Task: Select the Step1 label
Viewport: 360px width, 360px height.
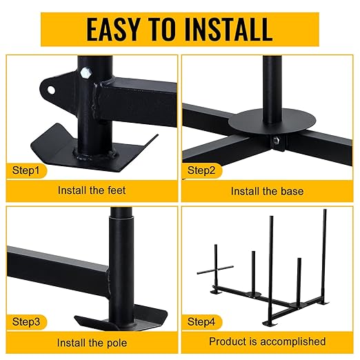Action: coord(26,170)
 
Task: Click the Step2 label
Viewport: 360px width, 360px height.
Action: coord(201,170)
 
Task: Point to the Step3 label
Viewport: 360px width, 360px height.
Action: coord(26,321)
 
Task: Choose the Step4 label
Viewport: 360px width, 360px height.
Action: coord(201,321)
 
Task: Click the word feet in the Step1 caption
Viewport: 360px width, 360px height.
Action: coord(117,190)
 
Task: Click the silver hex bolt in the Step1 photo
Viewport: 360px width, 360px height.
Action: coord(86,73)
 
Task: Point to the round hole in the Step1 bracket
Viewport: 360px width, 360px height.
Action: coord(51,90)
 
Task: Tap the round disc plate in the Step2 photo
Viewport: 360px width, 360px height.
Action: coord(272,121)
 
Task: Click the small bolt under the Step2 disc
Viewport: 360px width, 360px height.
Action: coord(277,140)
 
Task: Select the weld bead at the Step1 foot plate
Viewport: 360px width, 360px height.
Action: coord(94,154)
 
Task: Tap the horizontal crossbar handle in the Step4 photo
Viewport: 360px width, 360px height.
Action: coord(215,270)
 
